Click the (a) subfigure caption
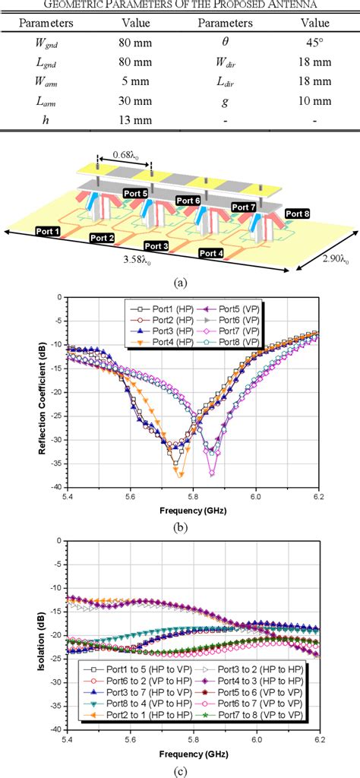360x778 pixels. point(180,282)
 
